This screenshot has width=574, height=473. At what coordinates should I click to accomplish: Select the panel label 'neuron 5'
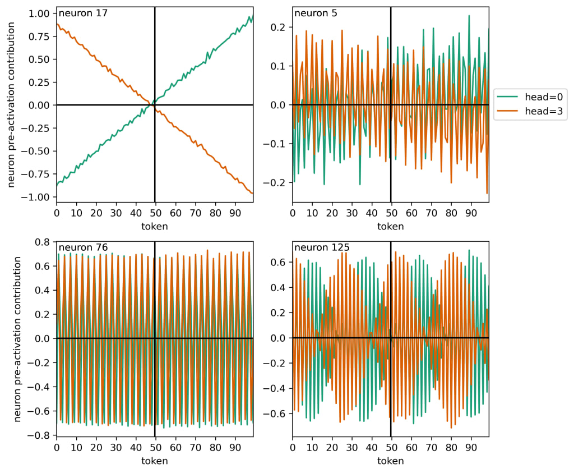(x=312, y=12)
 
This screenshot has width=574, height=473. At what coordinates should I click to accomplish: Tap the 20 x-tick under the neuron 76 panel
(x=96, y=448)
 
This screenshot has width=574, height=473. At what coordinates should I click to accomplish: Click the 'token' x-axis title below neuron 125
(x=391, y=461)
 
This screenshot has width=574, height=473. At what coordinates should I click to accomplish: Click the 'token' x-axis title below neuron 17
(x=155, y=226)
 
